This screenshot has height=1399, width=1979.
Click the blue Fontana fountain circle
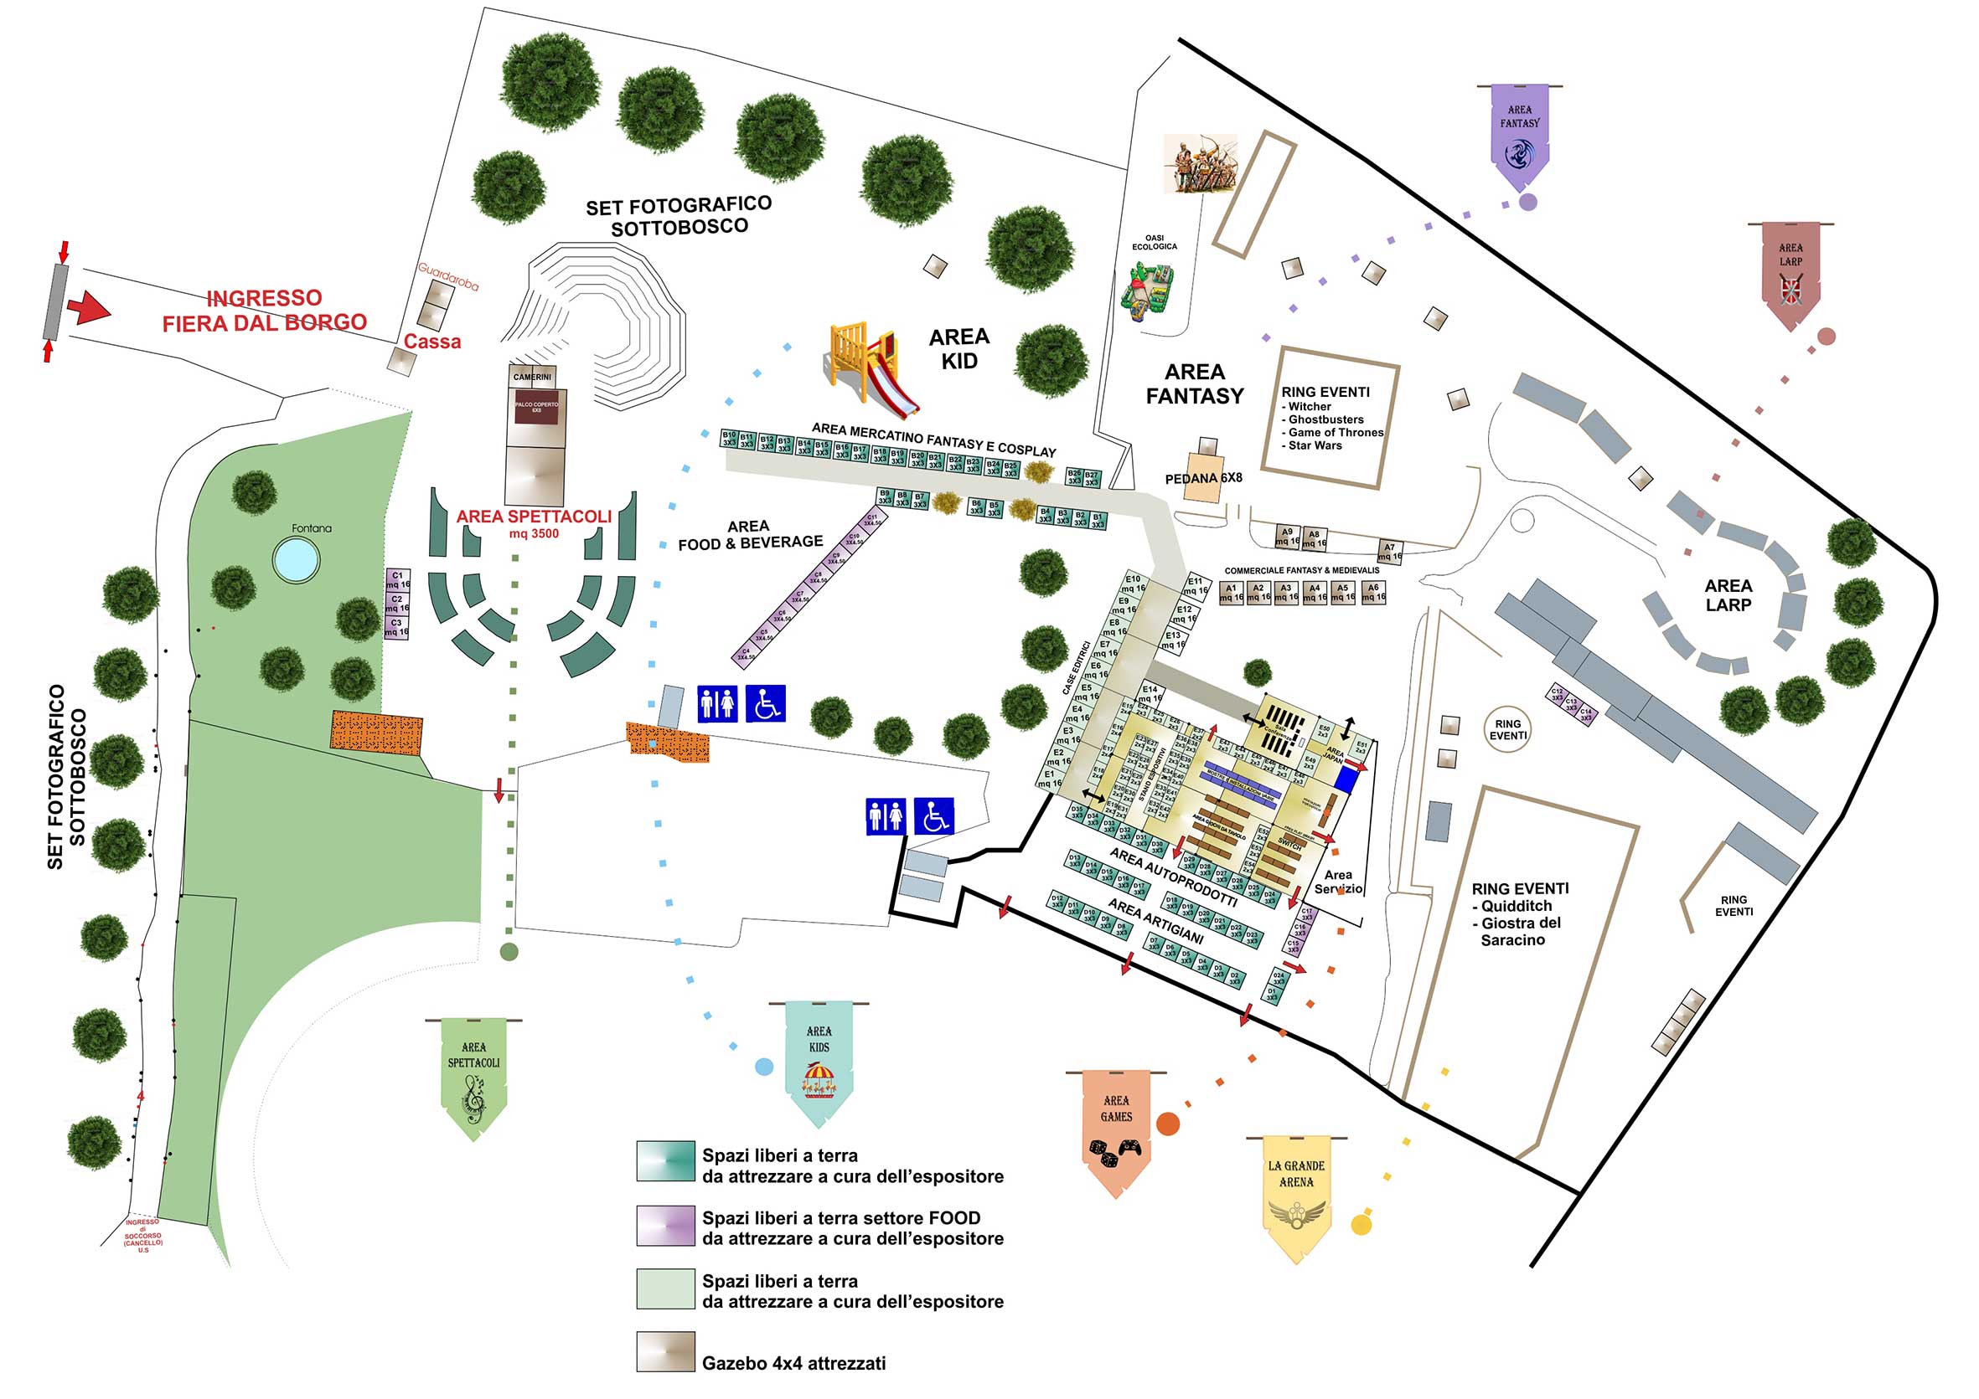(296, 559)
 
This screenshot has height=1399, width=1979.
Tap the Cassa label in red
(431, 342)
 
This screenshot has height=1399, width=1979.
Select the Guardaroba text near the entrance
(448, 275)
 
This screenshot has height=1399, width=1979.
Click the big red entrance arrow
(89, 307)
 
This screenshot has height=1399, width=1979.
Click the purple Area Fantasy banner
(1519, 137)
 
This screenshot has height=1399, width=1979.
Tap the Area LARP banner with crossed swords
(1790, 275)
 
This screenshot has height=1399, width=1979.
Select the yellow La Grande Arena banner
(1295, 1196)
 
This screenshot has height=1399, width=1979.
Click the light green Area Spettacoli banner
(473, 1078)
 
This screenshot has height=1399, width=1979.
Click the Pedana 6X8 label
(1203, 478)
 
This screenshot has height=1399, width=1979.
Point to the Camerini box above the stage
(532, 378)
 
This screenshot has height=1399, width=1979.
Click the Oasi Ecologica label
(1154, 242)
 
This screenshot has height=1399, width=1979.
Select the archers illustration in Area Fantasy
(1200, 162)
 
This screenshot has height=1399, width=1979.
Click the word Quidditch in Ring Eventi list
(1517, 906)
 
